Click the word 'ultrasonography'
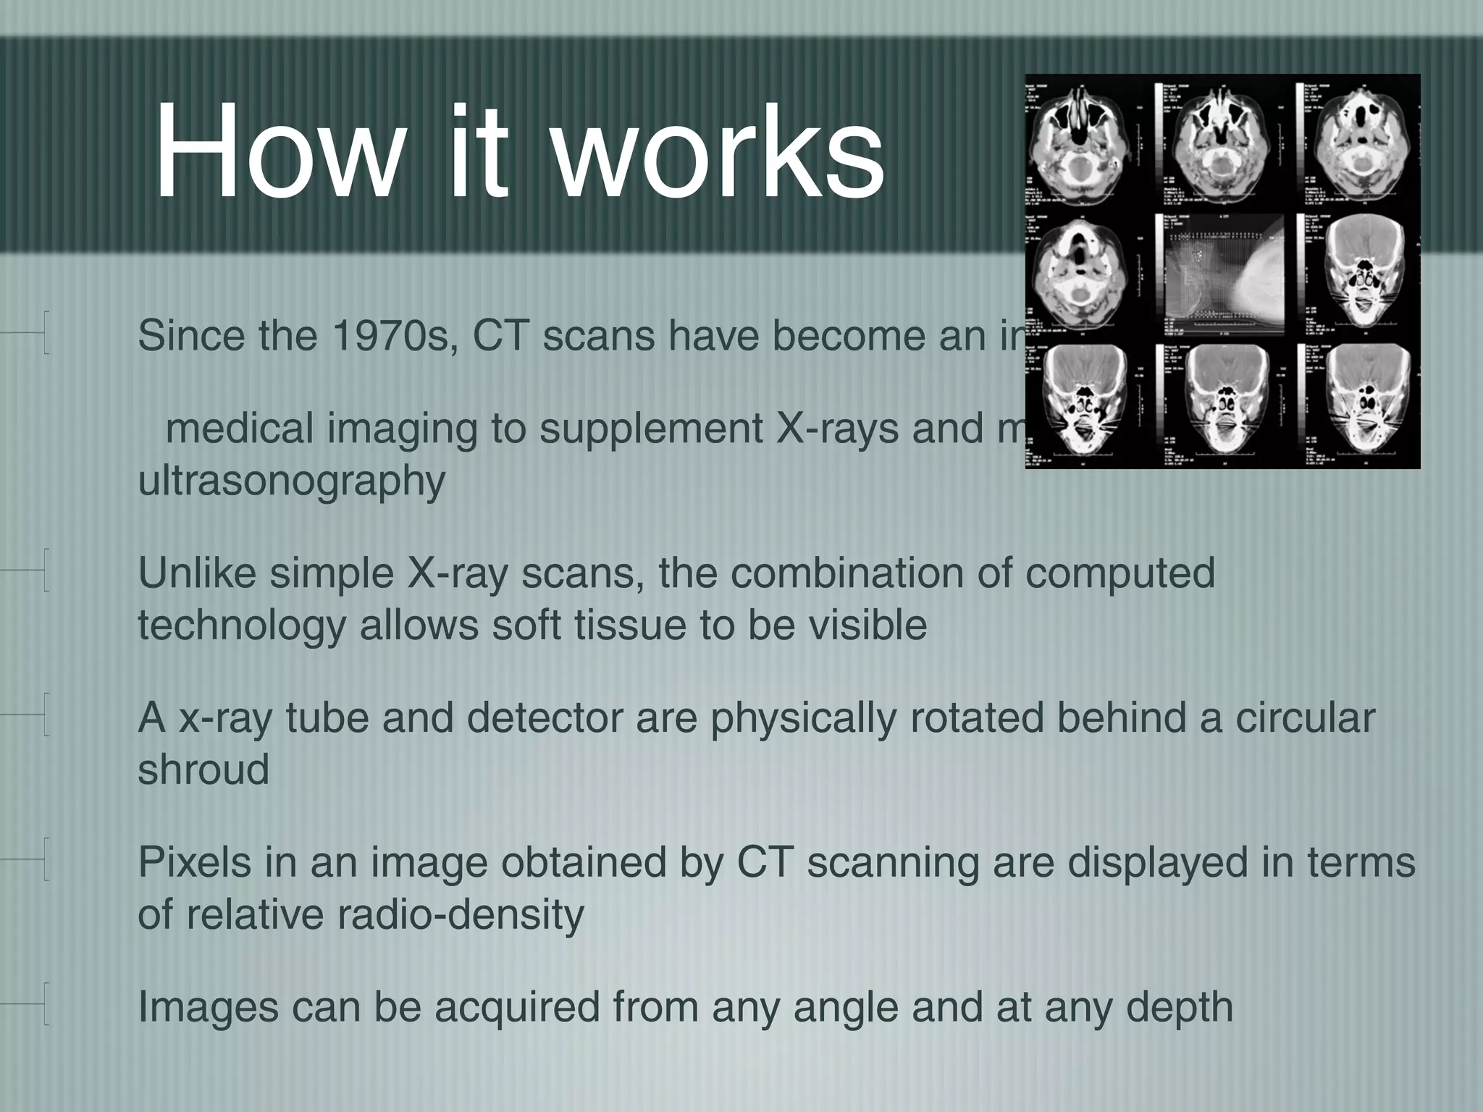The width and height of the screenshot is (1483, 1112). tap(291, 481)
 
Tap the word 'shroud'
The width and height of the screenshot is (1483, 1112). tap(203, 769)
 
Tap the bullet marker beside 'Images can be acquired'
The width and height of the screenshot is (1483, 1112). tap(45, 1005)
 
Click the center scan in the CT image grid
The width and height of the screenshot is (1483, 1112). tap(1224, 272)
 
